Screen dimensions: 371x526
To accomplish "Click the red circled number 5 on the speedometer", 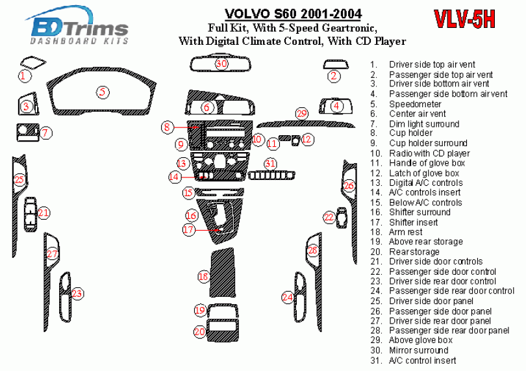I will [x=103, y=92].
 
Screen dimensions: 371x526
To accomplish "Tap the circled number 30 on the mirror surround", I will [x=221, y=64].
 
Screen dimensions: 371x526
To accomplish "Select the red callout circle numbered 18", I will [x=203, y=277].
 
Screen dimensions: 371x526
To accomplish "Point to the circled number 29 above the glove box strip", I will [x=301, y=114].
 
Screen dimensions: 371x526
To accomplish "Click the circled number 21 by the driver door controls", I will [x=44, y=212].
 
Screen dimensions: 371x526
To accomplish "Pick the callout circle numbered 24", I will [x=288, y=297].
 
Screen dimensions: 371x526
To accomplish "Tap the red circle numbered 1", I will [x=23, y=76].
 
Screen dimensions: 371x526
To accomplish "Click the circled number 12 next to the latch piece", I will [x=307, y=139].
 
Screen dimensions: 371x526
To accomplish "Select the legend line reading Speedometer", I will [x=415, y=104].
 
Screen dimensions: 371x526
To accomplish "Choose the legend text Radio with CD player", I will [x=429, y=153].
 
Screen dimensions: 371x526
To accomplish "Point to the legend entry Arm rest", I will [x=405, y=232].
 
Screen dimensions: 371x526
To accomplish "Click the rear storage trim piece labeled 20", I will [x=216, y=331].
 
